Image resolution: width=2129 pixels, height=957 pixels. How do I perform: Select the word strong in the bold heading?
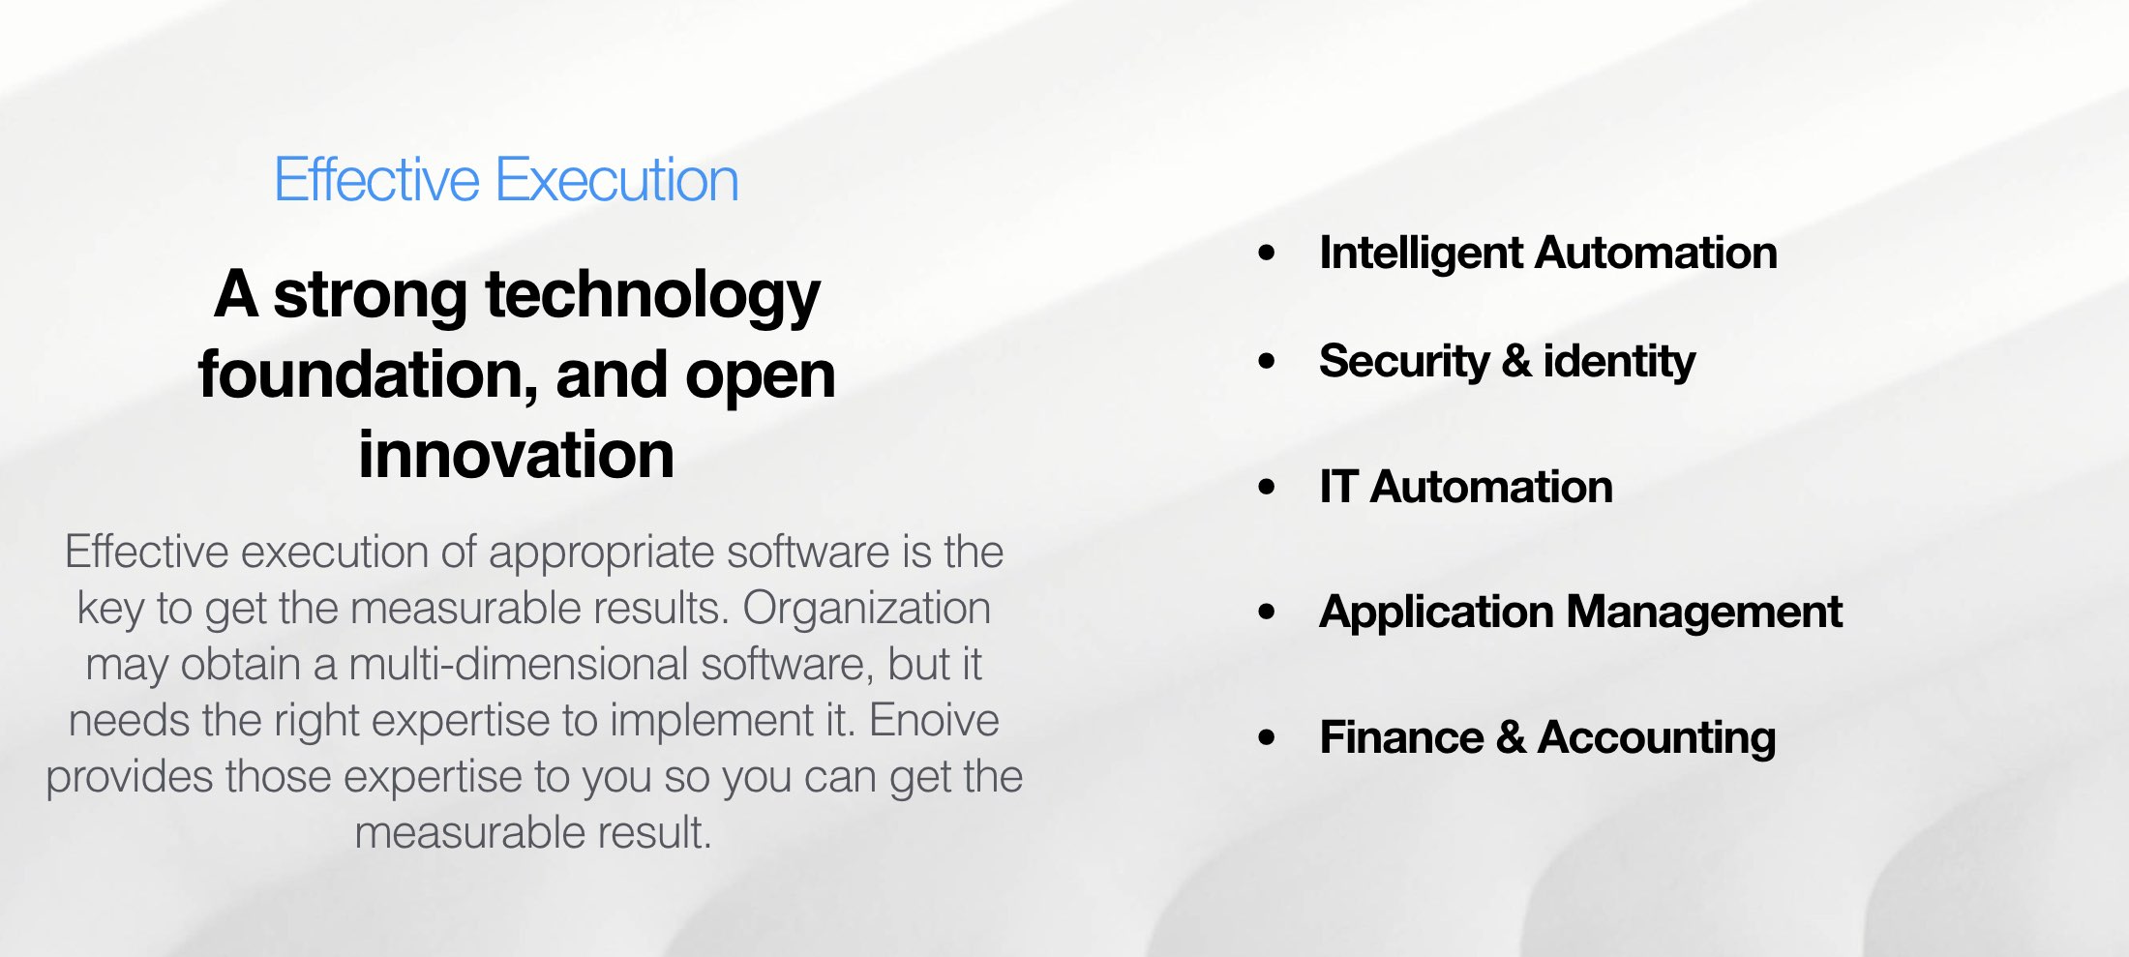(371, 295)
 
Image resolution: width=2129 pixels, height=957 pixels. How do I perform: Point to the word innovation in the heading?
(516, 455)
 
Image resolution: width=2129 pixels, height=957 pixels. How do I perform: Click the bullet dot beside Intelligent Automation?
(1267, 254)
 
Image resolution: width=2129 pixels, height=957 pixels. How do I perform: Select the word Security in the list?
(1404, 362)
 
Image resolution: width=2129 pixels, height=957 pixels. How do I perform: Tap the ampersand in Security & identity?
(1516, 362)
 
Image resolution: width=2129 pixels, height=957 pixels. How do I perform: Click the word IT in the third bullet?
(1338, 487)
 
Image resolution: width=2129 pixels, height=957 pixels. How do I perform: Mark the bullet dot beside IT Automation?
(1267, 487)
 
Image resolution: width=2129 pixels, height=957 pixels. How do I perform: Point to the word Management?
(1704, 613)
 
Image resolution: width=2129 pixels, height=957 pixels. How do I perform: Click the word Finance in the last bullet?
(1401, 737)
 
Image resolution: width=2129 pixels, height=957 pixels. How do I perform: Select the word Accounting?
(1657, 737)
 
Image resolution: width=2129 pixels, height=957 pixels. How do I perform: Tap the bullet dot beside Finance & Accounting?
(1267, 737)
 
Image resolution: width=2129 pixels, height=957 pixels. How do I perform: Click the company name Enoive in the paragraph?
(934, 721)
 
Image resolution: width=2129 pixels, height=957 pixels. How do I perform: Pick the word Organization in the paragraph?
(866, 609)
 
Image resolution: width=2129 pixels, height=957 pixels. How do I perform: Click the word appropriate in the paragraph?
(601, 553)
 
